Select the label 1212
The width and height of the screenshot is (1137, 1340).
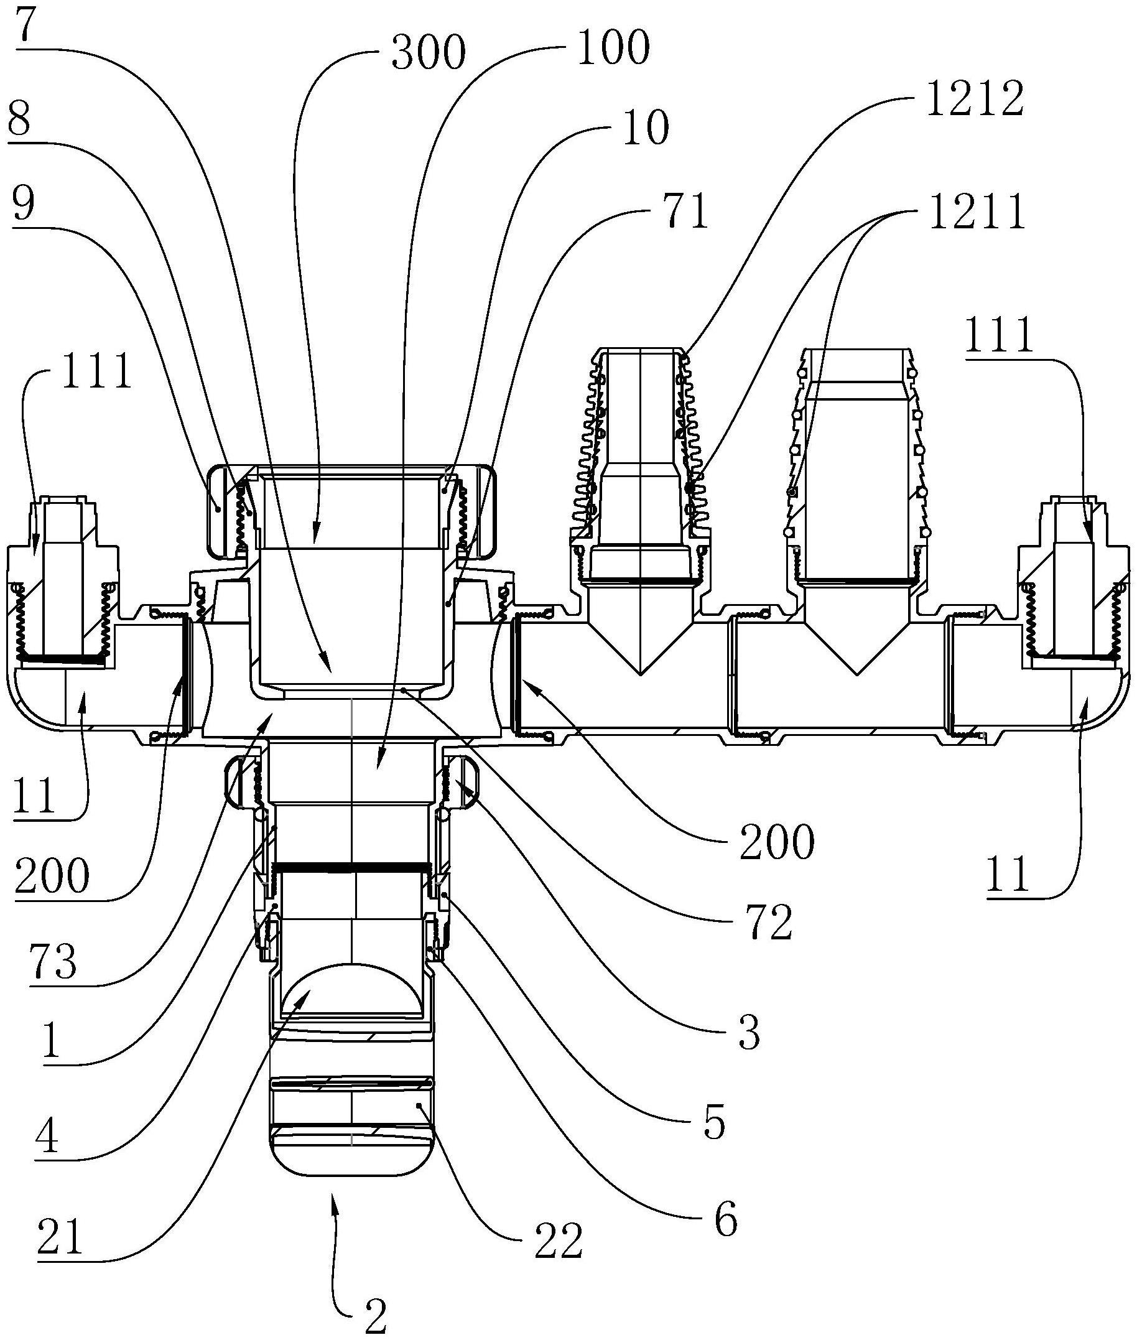point(975,98)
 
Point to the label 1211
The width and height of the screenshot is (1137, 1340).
point(977,212)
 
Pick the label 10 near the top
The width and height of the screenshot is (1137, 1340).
point(646,129)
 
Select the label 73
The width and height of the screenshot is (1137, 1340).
point(53,962)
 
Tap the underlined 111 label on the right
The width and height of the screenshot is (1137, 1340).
point(999,335)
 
